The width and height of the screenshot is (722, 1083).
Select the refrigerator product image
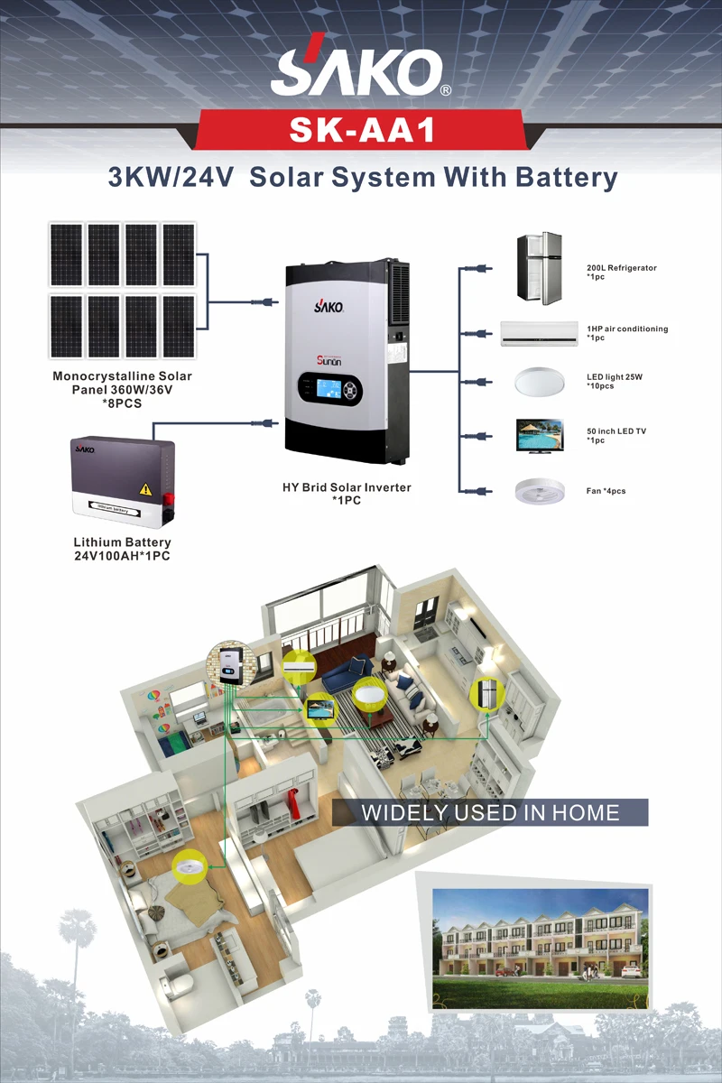pyautogui.click(x=539, y=268)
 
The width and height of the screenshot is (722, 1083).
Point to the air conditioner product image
pyautogui.click(x=540, y=333)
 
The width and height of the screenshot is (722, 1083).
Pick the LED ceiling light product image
pyautogui.click(x=540, y=382)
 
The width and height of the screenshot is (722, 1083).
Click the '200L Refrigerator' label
pyautogui.click(x=621, y=268)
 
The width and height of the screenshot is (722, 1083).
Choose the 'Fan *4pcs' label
pyautogui.click(x=606, y=491)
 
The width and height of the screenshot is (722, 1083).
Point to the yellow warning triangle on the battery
pyautogui.click(x=144, y=489)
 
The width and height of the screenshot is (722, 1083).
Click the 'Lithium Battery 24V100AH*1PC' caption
pyautogui.click(x=122, y=549)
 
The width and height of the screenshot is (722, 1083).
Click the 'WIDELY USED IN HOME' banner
pyautogui.click(x=490, y=812)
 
